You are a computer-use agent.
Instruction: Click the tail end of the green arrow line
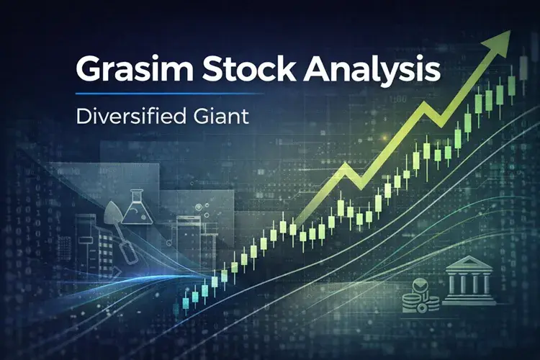pos(295,220)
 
